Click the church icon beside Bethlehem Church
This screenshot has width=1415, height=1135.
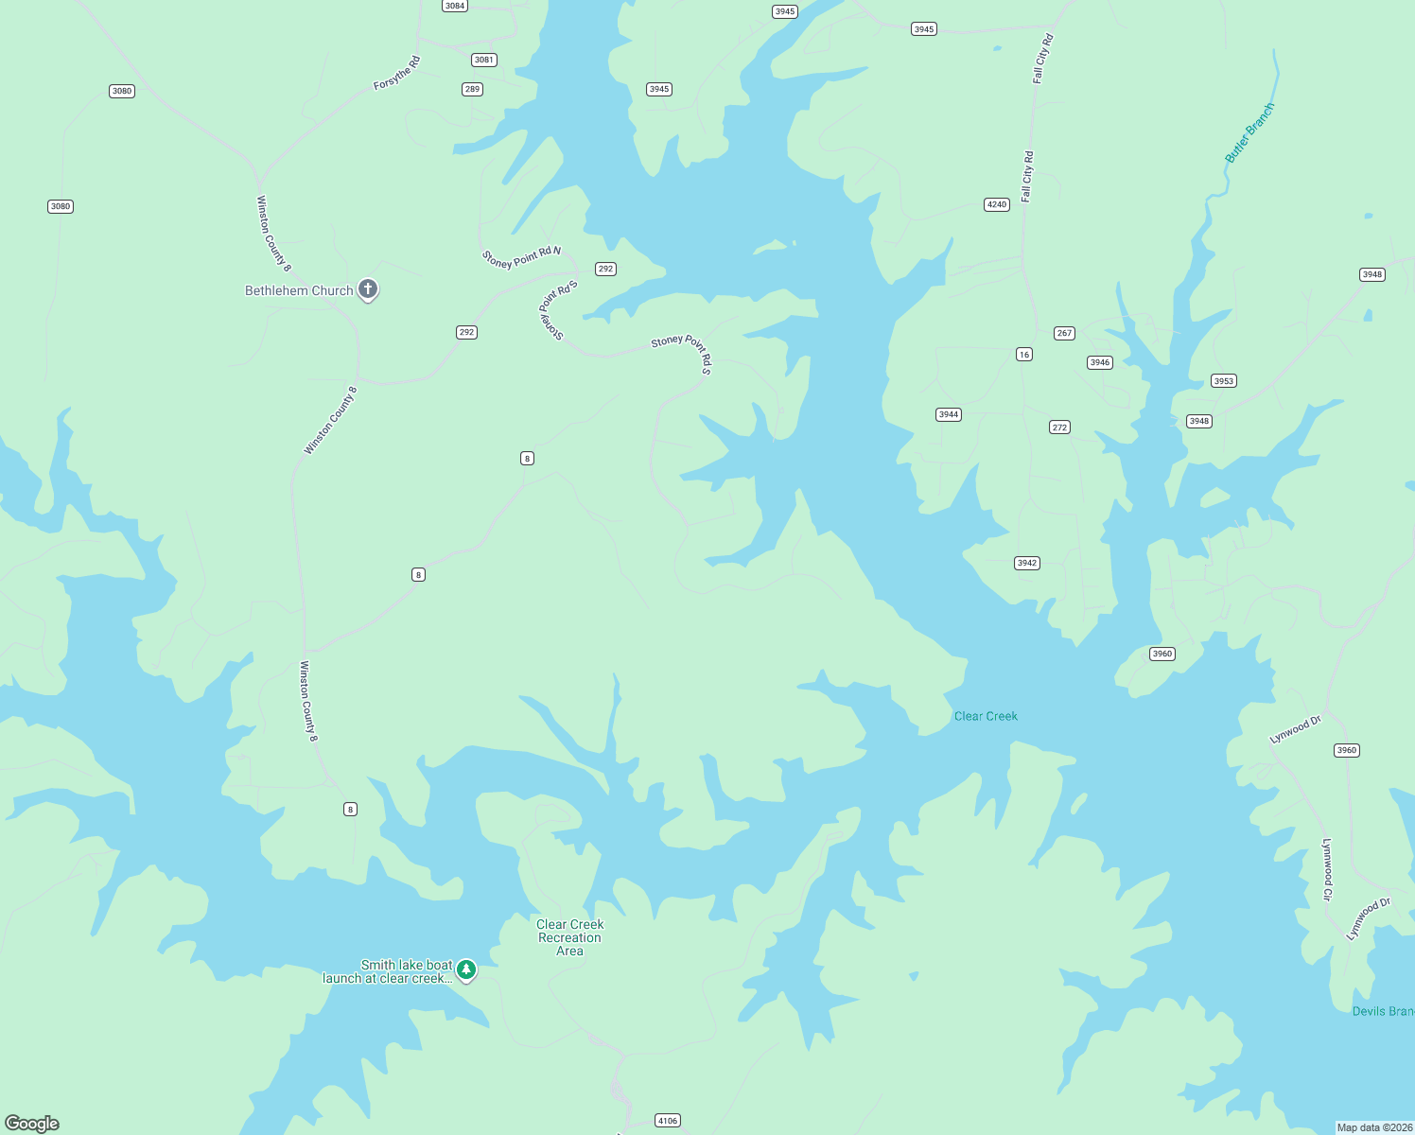point(368,289)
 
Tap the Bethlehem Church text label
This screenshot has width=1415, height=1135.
point(299,290)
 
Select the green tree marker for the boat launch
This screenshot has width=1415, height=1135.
point(466,969)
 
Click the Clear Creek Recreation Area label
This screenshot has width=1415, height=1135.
point(569,937)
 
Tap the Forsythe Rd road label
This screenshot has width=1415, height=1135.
point(396,74)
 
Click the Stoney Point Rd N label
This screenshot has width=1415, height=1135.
point(521,257)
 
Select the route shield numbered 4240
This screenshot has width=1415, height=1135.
point(997,204)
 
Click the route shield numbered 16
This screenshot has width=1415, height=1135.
point(1024,355)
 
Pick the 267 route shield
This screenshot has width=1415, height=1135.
point(1064,333)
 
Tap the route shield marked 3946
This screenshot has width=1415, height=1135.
point(1099,362)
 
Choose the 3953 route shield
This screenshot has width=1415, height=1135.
point(1224,381)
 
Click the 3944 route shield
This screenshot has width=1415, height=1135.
point(949,414)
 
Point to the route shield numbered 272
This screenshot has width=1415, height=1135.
point(1059,428)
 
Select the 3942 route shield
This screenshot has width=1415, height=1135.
point(1027,563)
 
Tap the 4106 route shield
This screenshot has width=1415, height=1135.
point(668,1121)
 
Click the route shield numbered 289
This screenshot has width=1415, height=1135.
point(472,89)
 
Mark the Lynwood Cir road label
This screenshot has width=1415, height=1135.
point(1328,869)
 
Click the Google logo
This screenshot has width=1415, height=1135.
point(32,1124)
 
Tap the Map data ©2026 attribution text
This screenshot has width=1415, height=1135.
point(1374,1127)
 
